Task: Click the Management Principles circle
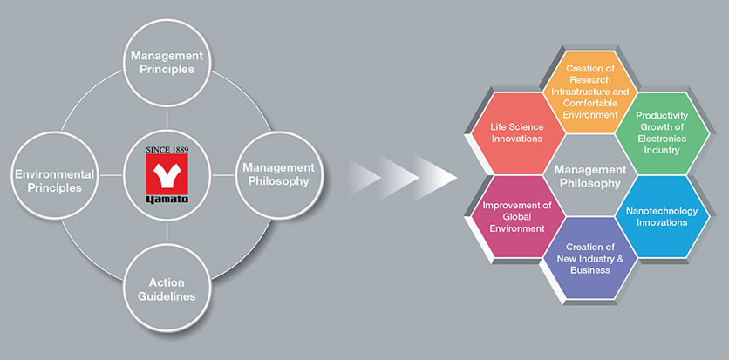[167, 63]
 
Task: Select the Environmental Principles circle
[55, 175]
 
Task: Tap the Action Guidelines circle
[167, 288]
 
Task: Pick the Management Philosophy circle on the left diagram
[278, 175]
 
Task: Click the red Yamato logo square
[167, 174]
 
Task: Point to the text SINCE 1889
[167, 150]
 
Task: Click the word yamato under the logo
[167, 200]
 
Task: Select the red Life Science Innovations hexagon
[518, 132]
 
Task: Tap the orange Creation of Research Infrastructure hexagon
[590, 92]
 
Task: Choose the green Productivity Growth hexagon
[662, 132]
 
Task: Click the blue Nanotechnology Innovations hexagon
[662, 216]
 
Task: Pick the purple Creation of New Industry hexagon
[590, 258]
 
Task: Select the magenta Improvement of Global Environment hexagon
[518, 216]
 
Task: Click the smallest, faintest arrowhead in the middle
[364, 177]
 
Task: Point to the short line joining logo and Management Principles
[167, 119]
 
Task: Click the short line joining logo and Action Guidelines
[167, 232]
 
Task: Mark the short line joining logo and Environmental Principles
[111, 175]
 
